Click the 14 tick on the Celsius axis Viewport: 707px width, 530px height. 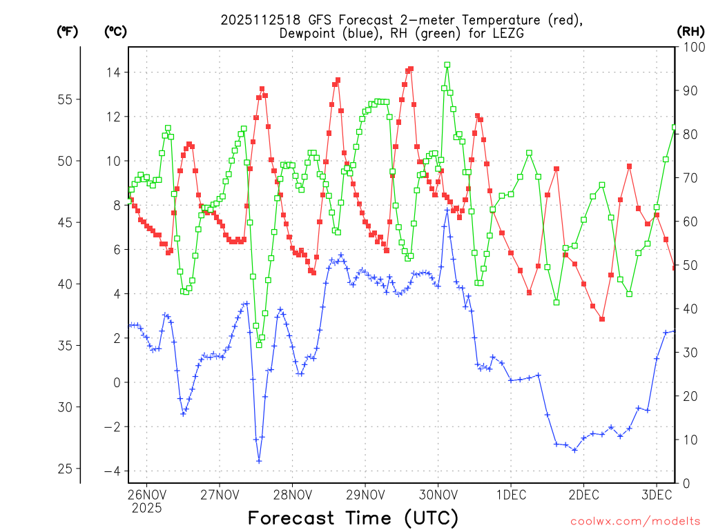[115, 72]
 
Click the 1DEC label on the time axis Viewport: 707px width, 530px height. [511, 494]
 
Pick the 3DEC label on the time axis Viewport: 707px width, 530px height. [657, 494]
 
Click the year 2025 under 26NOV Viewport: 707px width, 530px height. [146, 508]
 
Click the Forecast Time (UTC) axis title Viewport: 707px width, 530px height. [353, 518]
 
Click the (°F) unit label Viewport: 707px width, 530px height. [67, 31]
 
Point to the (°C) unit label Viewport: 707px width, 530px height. [115, 31]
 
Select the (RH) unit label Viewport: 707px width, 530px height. [690, 31]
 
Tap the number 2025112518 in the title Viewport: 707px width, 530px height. [262, 19]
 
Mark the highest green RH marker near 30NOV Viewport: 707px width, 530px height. [447, 65]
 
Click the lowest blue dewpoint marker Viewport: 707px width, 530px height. [259, 461]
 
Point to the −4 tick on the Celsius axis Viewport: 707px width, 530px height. [112, 471]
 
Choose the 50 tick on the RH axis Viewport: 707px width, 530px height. [690, 266]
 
